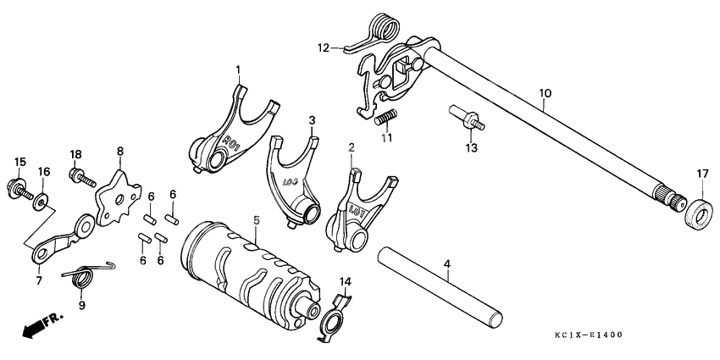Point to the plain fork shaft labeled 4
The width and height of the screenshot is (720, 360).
click(440, 286)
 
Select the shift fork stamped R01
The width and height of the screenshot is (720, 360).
click(226, 134)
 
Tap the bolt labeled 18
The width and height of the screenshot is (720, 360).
click(78, 175)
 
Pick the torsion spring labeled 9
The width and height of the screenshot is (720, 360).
click(85, 275)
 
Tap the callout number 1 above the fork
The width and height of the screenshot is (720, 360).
click(238, 69)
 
